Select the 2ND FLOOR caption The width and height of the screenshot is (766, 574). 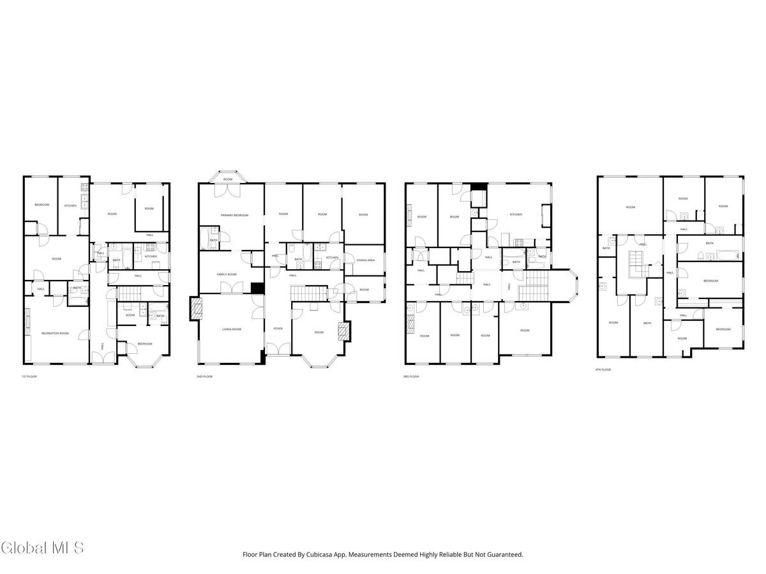coord(205,377)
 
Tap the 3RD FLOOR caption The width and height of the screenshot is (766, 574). coord(410,377)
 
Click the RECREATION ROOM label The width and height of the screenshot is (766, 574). coord(55,334)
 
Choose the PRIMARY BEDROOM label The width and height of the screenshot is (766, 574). coord(234,216)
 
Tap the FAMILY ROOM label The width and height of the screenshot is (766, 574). coord(227,274)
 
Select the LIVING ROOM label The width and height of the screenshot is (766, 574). coord(231,329)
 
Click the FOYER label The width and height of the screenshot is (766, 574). coord(278,328)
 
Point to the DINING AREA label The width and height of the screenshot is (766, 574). coord(365,260)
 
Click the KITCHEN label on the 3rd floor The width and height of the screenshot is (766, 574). coord(516,215)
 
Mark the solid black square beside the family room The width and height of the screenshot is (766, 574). coord(257,288)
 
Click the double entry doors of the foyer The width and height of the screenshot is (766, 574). coord(278,349)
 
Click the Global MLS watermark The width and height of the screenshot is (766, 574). coord(42,547)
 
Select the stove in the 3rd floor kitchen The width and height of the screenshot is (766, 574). coord(519,242)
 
